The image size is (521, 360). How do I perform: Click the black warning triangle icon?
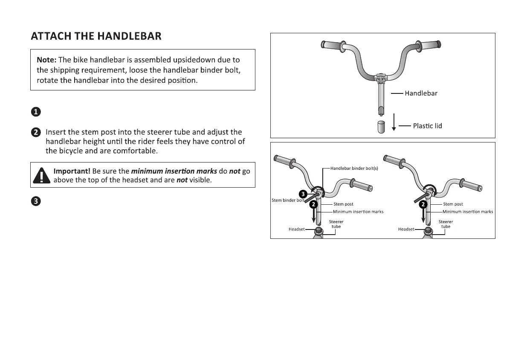tap(41, 175)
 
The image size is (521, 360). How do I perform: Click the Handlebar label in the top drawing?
tap(421, 93)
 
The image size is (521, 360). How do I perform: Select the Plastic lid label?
tap(427, 126)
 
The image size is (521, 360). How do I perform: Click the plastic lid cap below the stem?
tap(381, 127)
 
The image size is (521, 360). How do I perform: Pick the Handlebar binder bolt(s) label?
tap(354, 168)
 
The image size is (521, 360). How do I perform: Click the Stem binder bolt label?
tap(288, 200)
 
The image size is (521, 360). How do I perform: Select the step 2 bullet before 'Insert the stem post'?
tap(36, 133)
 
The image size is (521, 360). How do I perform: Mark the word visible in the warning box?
tap(200, 180)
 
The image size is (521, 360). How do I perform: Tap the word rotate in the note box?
tap(48, 81)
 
